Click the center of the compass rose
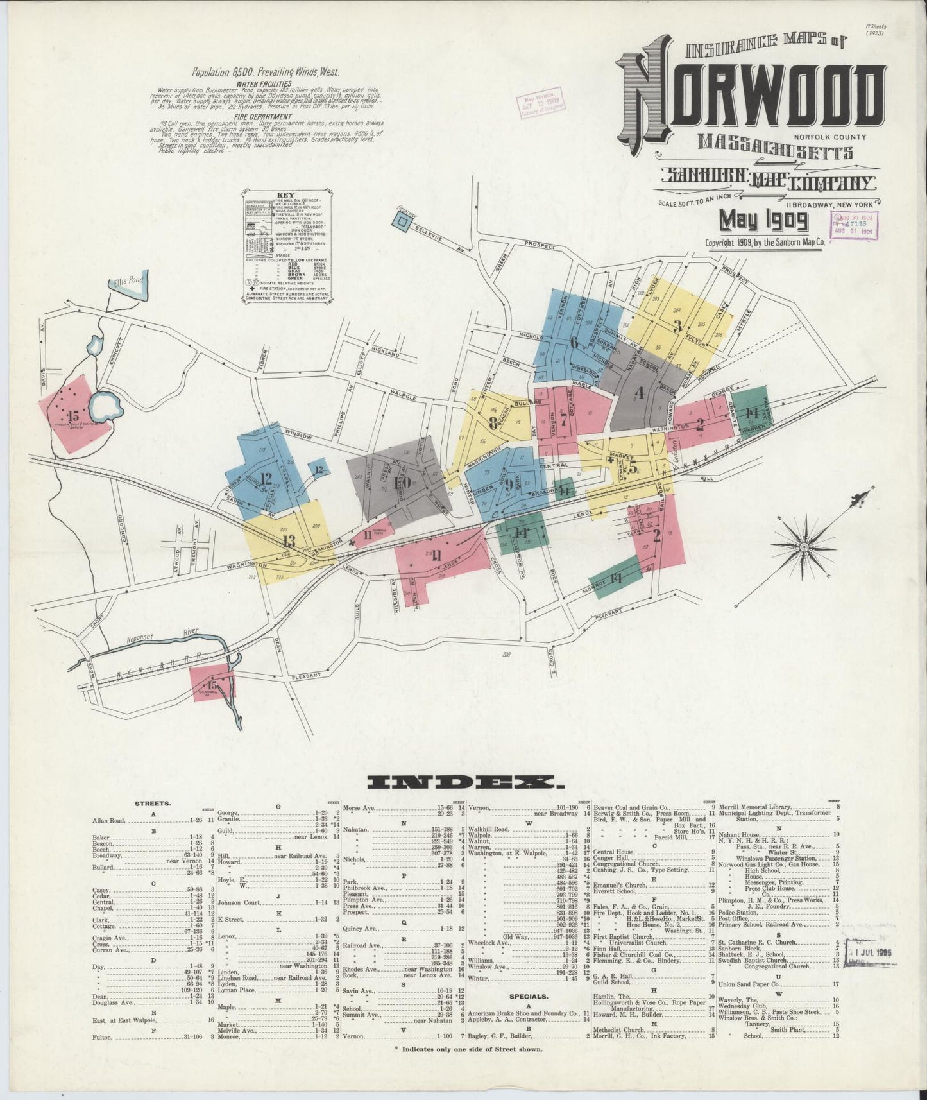pos(804,546)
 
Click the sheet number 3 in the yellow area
pos(677,325)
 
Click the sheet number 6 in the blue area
pos(574,342)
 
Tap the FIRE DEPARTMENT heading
pos(263,117)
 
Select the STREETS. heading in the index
pos(153,803)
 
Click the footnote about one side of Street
pos(468,1049)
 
